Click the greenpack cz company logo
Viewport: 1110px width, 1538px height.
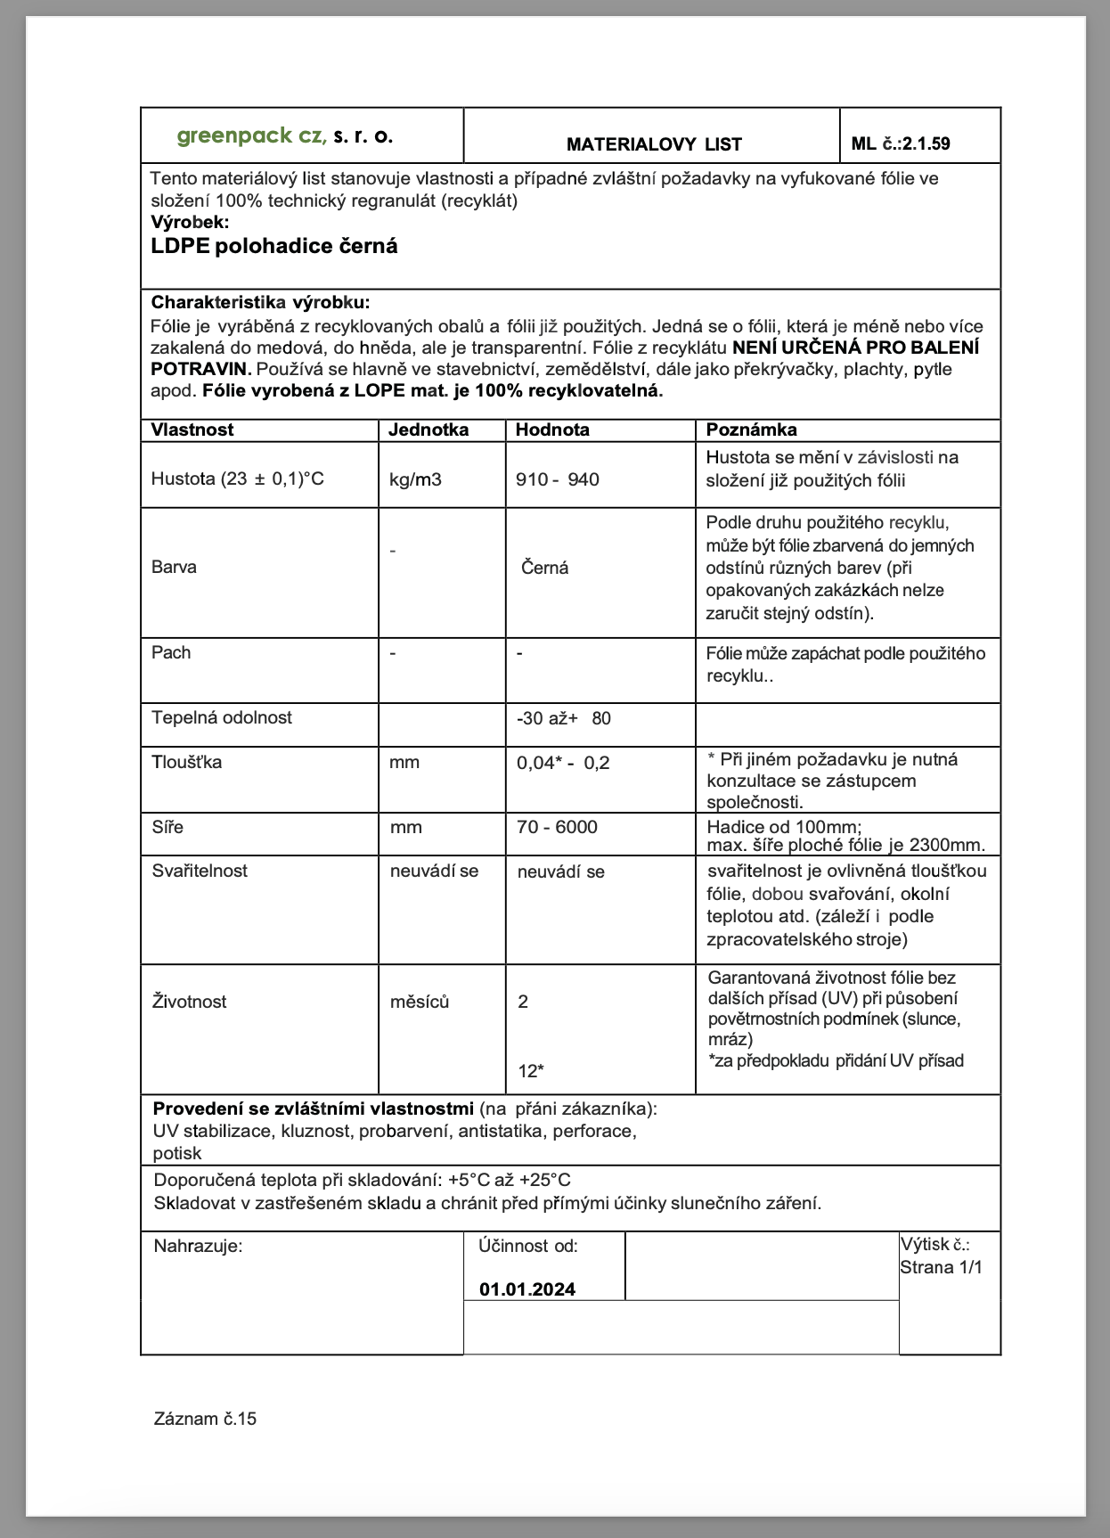pyautogui.click(x=284, y=136)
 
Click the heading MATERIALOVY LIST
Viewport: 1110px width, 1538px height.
pyautogui.click(x=654, y=144)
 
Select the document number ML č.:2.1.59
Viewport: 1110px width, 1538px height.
pyautogui.click(x=901, y=143)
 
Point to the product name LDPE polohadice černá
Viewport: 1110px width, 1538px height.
pyautogui.click(x=274, y=247)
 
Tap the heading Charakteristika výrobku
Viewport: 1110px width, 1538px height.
pyautogui.click(x=260, y=302)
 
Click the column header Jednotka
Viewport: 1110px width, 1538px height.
pyautogui.click(x=428, y=429)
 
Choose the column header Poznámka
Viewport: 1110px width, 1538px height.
pyautogui.click(x=751, y=429)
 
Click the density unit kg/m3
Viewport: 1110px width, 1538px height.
pyautogui.click(x=415, y=479)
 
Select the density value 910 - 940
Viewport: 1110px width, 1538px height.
pyautogui.click(x=558, y=479)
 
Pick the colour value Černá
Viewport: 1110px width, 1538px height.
pyautogui.click(x=545, y=568)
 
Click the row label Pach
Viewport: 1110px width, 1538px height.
pyautogui.click(x=171, y=652)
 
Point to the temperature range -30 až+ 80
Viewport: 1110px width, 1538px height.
pyautogui.click(x=564, y=718)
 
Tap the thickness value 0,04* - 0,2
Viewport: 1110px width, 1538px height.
pyautogui.click(x=563, y=763)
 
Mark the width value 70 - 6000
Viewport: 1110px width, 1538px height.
pyautogui.click(x=557, y=827)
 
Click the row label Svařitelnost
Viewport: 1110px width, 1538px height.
pyautogui.click(x=200, y=871)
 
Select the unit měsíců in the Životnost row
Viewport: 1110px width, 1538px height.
pyautogui.click(x=420, y=1002)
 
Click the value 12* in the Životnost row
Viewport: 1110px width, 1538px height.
pyautogui.click(x=531, y=1071)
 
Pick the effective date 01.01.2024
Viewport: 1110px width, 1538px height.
pyautogui.click(x=527, y=1289)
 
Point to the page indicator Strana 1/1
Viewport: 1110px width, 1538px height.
pyautogui.click(x=941, y=1267)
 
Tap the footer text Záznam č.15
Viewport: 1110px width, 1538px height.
pyautogui.click(x=205, y=1419)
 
